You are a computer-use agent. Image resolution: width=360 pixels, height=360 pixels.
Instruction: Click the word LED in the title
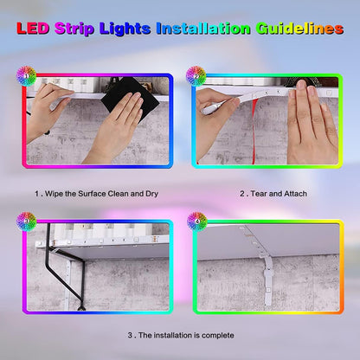(x=34, y=29)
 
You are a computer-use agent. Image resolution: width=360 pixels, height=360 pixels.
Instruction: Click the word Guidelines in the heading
(x=299, y=29)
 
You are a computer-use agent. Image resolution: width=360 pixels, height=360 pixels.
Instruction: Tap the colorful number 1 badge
(x=27, y=75)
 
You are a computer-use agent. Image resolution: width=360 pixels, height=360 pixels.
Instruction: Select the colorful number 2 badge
(x=196, y=75)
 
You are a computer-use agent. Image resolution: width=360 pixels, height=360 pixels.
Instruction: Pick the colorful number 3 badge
(x=27, y=222)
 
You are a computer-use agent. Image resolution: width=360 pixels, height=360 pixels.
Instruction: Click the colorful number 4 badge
(x=196, y=222)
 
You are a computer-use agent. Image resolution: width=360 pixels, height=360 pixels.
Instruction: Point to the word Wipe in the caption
(x=54, y=193)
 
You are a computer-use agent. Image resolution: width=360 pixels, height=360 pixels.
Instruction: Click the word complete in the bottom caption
(x=214, y=334)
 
